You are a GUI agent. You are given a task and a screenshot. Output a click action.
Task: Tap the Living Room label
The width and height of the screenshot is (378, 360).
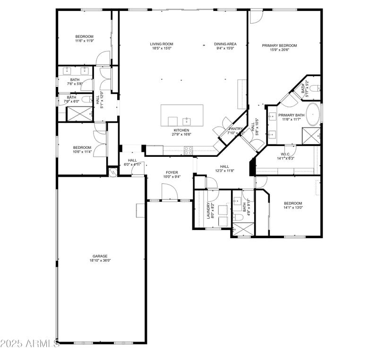coord(162,44)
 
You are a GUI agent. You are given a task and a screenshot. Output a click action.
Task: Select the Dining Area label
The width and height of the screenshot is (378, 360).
coord(225,44)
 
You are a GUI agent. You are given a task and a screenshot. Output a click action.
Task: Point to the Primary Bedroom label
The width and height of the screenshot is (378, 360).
coord(279,45)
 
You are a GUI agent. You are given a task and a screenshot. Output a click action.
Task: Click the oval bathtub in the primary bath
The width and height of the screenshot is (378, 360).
coord(313,115)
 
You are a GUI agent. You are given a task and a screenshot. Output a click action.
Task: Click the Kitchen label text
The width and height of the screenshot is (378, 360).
coord(181,130)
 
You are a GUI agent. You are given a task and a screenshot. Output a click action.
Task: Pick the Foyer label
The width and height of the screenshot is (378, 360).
coord(171,172)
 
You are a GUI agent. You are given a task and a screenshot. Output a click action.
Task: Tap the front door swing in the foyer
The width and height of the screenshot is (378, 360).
coord(169,191)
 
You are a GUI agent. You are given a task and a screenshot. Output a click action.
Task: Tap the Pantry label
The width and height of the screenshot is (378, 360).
coord(235,129)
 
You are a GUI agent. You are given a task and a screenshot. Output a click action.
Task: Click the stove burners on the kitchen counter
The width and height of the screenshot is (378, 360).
coord(188,151)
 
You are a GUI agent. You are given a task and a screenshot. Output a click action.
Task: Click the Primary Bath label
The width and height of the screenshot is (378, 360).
coord(291,115)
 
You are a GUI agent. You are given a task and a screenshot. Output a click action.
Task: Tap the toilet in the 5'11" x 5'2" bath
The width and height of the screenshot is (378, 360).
coord(317,88)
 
